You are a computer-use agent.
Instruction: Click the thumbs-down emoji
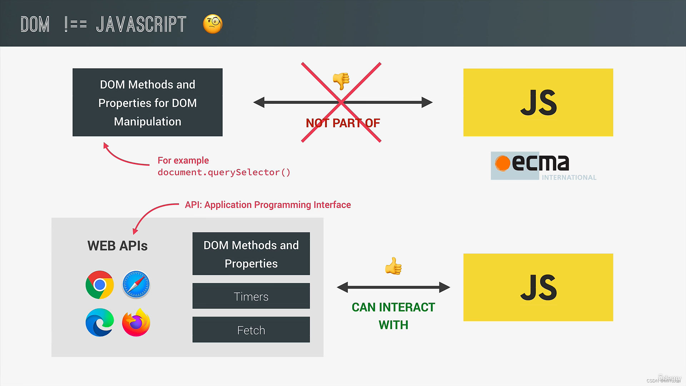coord(341,80)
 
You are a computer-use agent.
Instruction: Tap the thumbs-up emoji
coord(393,266)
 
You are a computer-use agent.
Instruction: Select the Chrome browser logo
coord(100,285)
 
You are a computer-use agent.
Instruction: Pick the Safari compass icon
coord(136,285)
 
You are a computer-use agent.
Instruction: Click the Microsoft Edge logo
coord(100,322)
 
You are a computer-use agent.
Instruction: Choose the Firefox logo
coord(136,322)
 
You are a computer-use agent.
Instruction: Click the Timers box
coord(251,296)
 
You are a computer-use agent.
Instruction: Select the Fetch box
coord(251,330)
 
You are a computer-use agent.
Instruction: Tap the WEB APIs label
coord(117,246)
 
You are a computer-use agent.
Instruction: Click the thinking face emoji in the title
coord(213,24)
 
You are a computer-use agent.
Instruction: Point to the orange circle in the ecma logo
coord(503,163)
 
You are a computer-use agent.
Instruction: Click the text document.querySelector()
coord(224,172)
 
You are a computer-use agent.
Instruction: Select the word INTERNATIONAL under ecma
coord(569,177)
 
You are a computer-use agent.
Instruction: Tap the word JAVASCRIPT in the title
coord(141,24)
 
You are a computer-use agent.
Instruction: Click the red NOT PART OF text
coord(343,123)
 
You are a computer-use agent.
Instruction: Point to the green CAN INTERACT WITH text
coord(393,316)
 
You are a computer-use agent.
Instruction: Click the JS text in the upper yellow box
coord(538,103)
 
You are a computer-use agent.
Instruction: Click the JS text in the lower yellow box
coord(538,287)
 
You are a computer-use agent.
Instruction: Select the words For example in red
coord(183,160)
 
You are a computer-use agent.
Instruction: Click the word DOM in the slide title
coord(35,24)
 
